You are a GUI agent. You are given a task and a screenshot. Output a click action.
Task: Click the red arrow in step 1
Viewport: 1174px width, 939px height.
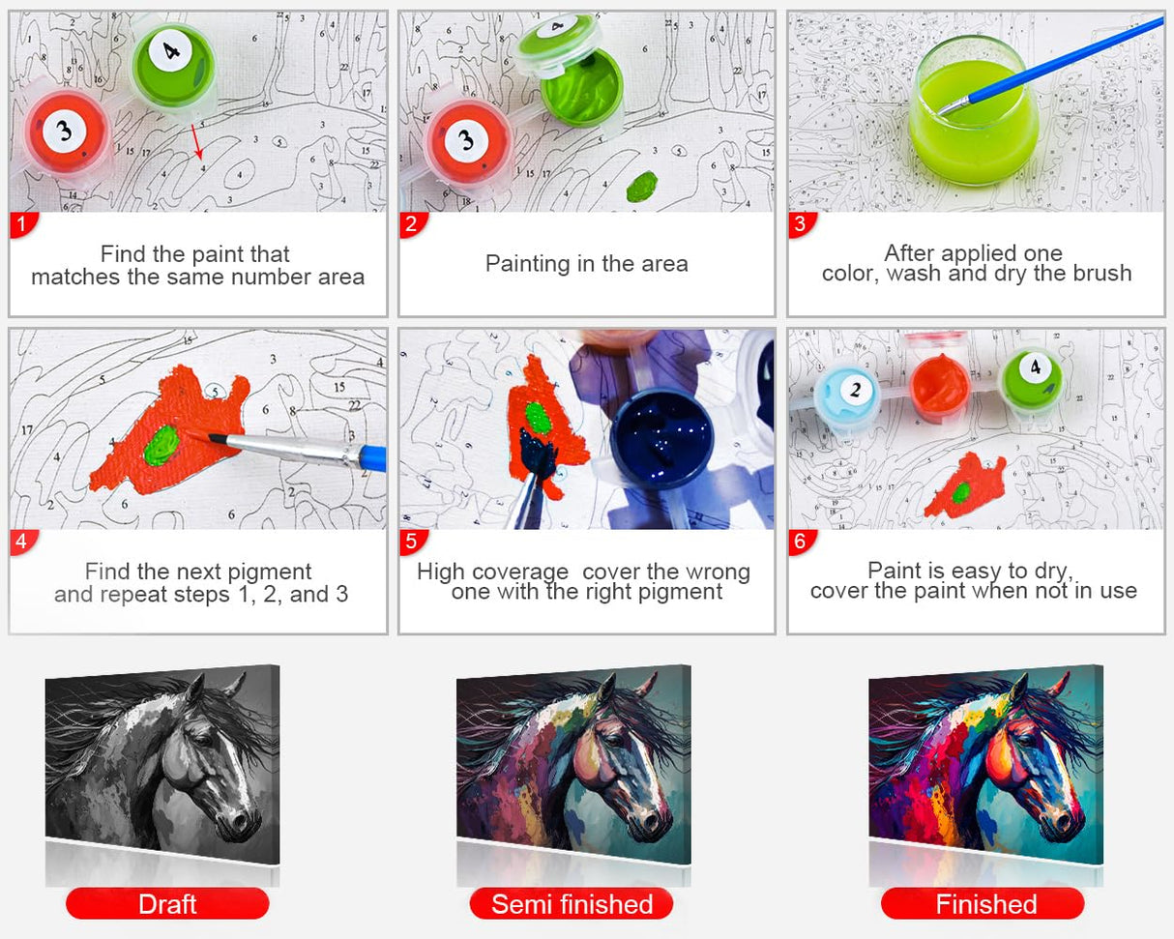point(196,141)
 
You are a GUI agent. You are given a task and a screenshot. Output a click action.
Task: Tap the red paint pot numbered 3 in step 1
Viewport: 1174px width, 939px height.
point(66,132)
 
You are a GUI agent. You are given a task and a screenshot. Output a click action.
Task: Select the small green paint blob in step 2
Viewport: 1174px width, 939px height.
point(641,186)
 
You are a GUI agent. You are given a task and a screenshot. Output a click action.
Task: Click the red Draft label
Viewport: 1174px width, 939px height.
point(167,903)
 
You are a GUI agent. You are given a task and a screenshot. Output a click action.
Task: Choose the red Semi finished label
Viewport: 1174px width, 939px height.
point(572,903)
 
